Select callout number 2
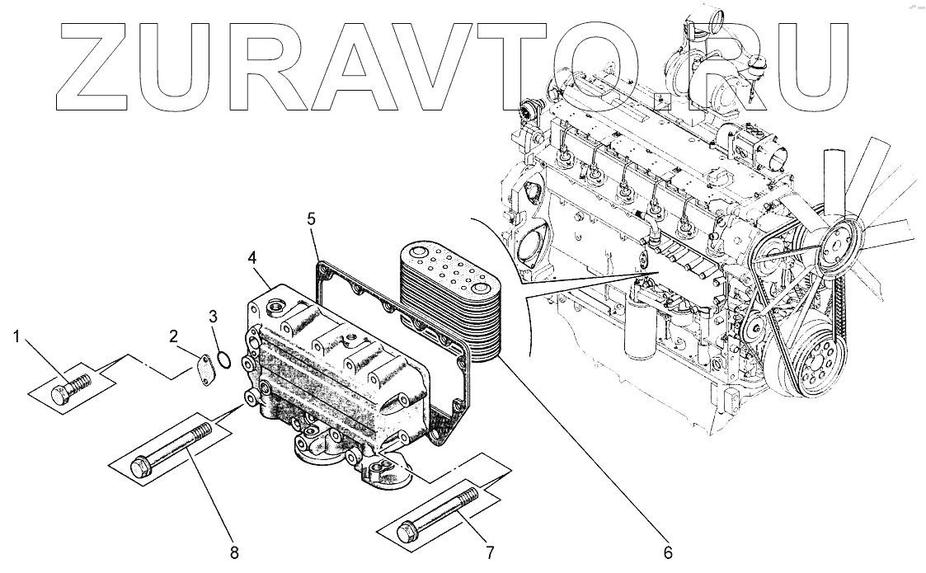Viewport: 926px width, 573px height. coord(173,336)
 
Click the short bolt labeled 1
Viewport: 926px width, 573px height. coord(71,387)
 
